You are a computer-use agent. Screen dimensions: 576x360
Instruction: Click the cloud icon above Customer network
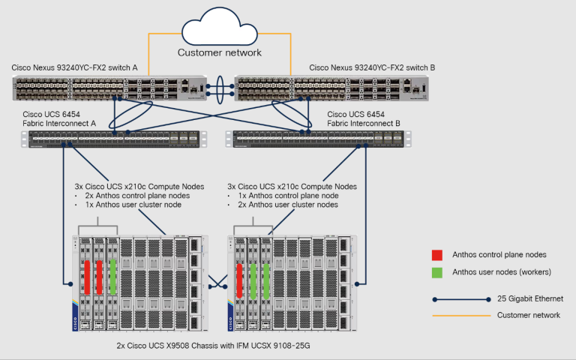click(x=220, y=27)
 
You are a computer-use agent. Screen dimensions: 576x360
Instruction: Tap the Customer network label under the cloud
click(x=220, y=52)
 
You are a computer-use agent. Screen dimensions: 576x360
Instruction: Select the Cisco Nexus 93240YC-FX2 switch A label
click(x=74, y=67)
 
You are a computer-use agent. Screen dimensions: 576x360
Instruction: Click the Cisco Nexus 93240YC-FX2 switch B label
click(x=372, y=67)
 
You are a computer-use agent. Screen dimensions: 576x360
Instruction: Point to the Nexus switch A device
click(x=109, y=88)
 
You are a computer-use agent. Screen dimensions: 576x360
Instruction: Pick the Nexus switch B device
click(x=331, y=88)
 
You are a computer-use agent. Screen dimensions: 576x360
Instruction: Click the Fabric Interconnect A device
click(x=114, y=139)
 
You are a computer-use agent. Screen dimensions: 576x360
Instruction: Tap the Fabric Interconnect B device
click(x=318, y=139)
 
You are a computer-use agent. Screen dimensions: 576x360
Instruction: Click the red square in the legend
click(x=437, y=255)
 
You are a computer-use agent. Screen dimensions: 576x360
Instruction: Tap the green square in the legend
click(x=437, y=272)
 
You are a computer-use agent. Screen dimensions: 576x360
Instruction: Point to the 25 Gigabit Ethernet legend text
click(x=530, y=298)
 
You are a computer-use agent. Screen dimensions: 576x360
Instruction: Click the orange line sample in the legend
click(x=461, y=316)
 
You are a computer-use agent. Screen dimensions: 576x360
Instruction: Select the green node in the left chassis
click(x=112, y=277)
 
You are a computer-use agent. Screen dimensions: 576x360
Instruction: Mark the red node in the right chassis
click(x=239, y=280)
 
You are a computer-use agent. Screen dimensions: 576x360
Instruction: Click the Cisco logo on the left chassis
click(x=75, y=323)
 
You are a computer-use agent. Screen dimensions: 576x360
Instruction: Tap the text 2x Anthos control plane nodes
click(x=137, y=196)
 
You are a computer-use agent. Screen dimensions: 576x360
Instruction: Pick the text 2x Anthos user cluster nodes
click(x=288, y=205)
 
